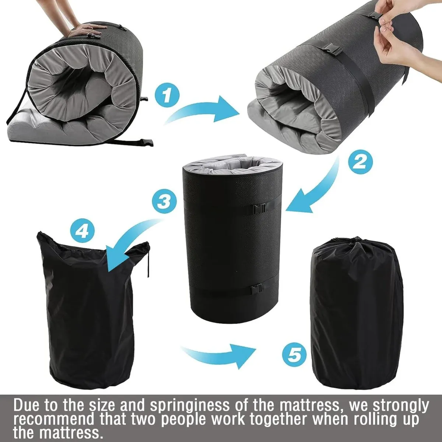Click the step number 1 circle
click(167, 95)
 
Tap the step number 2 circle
click(360, 162)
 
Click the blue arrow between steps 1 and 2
click(202, 110)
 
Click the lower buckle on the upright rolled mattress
click(257, 290)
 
